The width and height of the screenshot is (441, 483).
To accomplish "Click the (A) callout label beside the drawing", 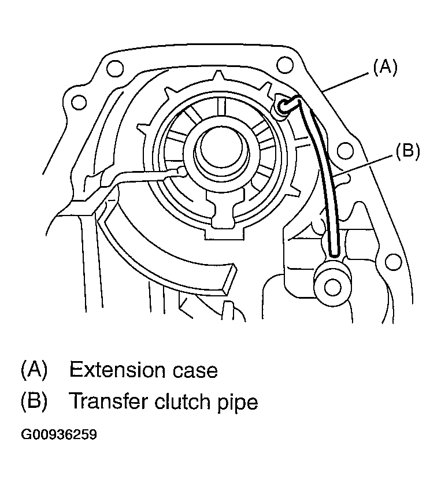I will tap(385, 68).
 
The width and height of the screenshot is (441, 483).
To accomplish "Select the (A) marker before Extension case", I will tap(34, 369).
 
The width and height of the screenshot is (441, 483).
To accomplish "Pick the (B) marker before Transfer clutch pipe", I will tap(34, 400).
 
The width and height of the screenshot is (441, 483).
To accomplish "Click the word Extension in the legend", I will tap(116, 369).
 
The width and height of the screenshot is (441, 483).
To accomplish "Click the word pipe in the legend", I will tap(237, 402).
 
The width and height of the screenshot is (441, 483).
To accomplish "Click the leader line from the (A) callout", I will tap(347, 80).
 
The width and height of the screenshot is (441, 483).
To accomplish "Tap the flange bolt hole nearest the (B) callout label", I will tap(345, 152).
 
